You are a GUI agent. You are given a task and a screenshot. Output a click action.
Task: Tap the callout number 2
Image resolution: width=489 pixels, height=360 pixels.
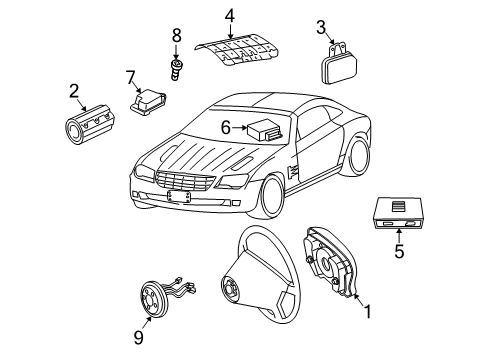(x=74, y=92)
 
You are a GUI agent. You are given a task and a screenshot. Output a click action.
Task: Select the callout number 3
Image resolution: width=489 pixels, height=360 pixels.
(x=321, y=27)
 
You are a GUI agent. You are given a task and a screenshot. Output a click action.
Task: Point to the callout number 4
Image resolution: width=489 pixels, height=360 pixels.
(x=229, y=15)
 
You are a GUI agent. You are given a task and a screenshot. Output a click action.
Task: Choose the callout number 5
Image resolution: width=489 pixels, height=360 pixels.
(x=398, y=253)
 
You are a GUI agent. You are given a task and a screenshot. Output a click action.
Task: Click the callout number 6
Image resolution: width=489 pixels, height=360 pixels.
(x=226, y=126)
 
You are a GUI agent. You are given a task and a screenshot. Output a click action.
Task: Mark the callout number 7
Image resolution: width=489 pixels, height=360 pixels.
(x=130, y=76)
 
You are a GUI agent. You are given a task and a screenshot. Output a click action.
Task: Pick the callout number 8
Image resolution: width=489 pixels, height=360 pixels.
(x=176, y=37)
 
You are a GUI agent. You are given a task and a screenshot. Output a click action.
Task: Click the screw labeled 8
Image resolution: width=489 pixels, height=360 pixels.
(x=176, y=68)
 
